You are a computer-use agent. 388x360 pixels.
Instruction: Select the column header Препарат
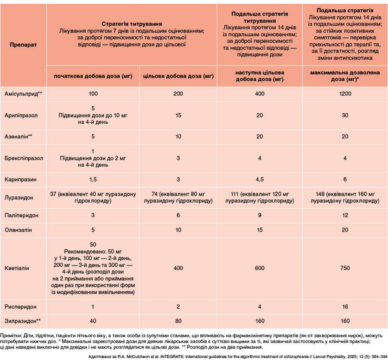(x=23, y=45)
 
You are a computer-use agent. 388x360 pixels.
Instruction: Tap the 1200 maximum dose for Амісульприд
(x=345, y=94)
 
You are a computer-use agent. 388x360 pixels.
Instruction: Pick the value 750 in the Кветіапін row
(x=345, y=268)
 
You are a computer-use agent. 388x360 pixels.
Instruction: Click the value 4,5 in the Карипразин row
(x=259, y=179)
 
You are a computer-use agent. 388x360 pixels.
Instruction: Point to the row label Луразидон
(x=19, y=198)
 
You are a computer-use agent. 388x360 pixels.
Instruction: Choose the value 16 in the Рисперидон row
(x=345, y=306)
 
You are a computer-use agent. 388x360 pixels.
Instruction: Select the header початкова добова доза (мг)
(x=93, y=76)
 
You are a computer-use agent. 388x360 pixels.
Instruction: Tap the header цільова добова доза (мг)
(x=178, y=76)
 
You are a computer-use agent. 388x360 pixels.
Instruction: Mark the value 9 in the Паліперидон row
(x=259, y=215)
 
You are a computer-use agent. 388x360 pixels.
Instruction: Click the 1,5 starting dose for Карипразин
(x=93, y=179)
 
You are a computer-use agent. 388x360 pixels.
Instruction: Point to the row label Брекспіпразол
(x=24, y=158)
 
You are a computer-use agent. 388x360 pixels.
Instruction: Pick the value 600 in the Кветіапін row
(x=259, y=268)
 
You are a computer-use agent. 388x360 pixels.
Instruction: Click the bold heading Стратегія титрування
(x=132, y=24)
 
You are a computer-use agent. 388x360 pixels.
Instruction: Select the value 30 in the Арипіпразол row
(x=345, y=115)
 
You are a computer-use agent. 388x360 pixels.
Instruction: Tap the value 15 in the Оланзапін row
(x=259, y=230)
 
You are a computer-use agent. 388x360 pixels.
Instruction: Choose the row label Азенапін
(x=18, y=136)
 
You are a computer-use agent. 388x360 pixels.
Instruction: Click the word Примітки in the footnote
(x=11, y=336)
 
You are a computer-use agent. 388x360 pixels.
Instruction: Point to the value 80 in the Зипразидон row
(x=178, y=321)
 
